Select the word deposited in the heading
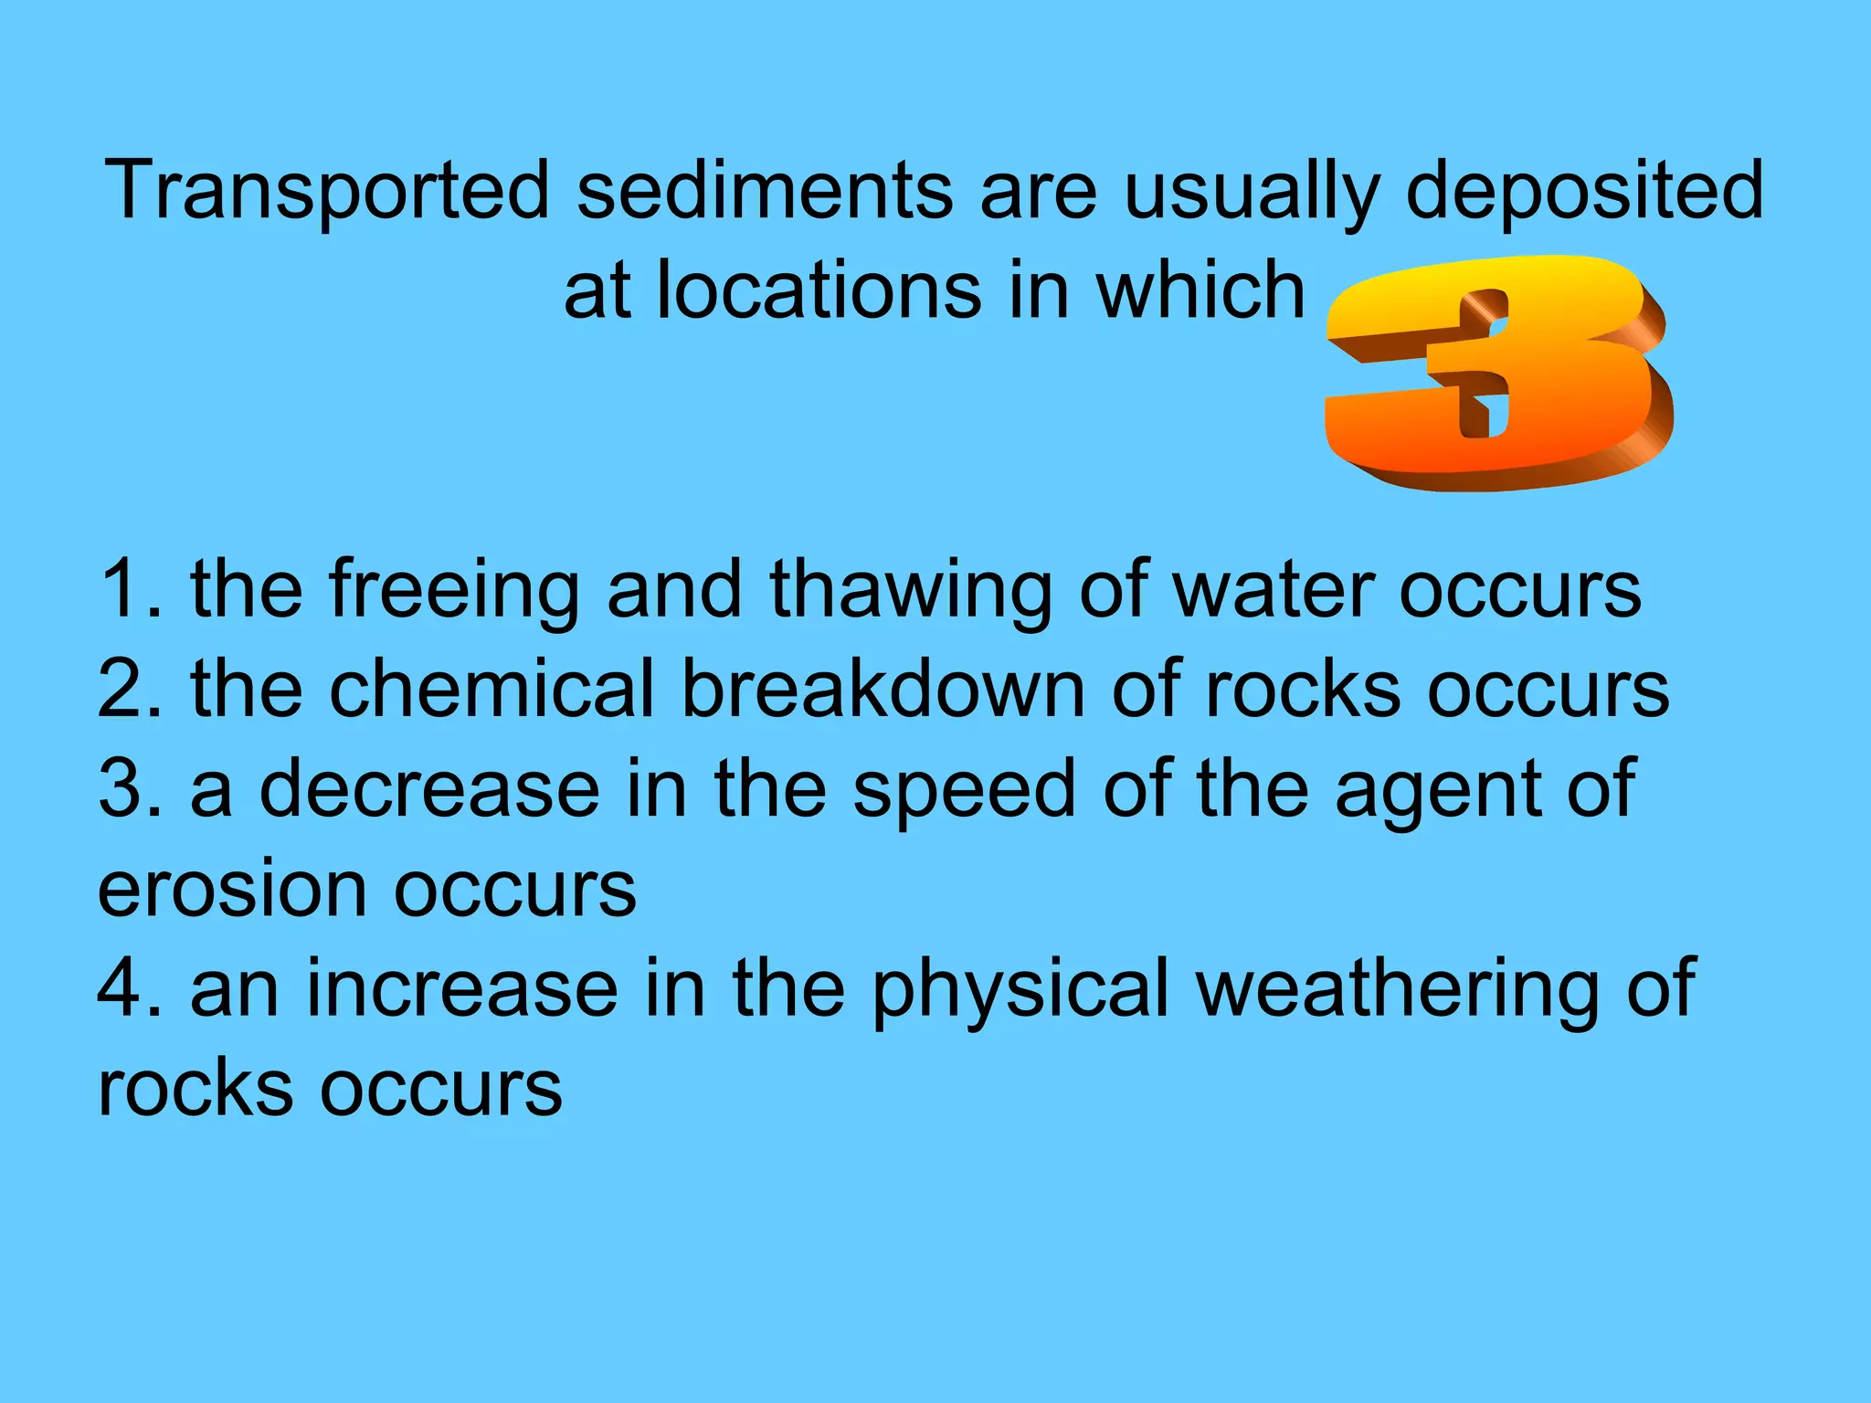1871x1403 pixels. click(x=1584, y=192)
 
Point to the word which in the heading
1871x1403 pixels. click(x=1200, y=290)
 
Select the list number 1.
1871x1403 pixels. click(x=128, y=589)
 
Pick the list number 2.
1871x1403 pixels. click(x=128, y=689)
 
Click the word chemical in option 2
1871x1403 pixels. click(x=492, y=689)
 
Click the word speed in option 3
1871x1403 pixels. click(x=965, y=791)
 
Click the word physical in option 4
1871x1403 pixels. click(x=1020, y=989)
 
